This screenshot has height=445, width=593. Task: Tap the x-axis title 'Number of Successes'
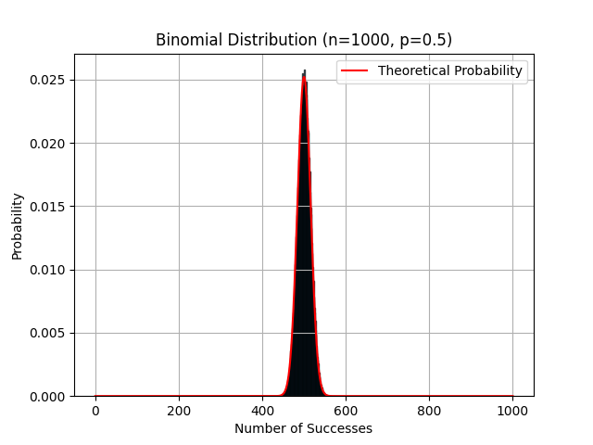pos(303,428)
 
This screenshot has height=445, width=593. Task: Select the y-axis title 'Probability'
pos(18,225)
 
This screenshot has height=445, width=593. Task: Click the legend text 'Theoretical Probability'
pos(450,70)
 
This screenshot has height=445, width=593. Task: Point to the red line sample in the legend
pos(356,70)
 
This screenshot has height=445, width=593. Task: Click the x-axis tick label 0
pos(95,410)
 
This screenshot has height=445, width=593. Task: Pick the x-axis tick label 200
pos(179,410)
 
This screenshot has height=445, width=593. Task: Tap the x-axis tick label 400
pos(262,410)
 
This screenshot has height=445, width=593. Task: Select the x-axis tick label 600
pos(346,410)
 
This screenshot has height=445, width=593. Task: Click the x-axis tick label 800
pos(429,410)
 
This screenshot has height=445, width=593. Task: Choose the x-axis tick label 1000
pos(512,410)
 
